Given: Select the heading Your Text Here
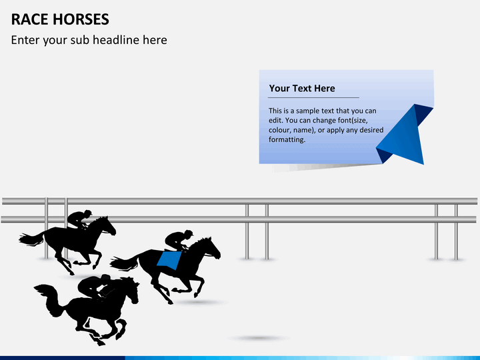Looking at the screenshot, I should pyautogui.click(x=302, y=88).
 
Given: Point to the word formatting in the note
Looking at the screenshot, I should pyautogui.click(x=287, y=139).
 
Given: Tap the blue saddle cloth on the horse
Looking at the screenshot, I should pyautogui.click(x=170, y=259).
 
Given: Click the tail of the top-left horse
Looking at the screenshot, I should pyautogui.click(x=30, y=238).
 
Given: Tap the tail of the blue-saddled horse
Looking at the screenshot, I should pyautogui.click(x=123, y=263).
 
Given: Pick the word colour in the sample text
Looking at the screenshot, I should pyautogui.click(x=282, y=130).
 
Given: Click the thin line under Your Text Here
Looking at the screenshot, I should pyautogui.click(x=313, y=98).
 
